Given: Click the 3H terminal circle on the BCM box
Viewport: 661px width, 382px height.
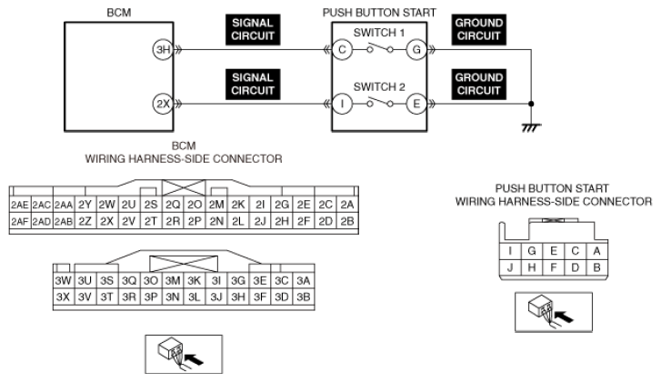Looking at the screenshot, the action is point(163,50).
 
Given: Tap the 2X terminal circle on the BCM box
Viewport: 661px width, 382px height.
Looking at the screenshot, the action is point(163,104).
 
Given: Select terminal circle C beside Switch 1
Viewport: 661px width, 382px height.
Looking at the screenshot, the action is point(342,50).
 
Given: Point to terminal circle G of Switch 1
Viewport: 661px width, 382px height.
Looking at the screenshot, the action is point(416,50).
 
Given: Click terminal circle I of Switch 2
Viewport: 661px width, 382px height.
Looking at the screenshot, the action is point(342,104).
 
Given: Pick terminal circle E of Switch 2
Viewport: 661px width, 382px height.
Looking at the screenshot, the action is point(416,104).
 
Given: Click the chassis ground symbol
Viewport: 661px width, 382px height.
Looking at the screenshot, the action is point(531,127).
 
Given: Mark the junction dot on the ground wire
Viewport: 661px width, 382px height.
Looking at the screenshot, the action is point(531,104).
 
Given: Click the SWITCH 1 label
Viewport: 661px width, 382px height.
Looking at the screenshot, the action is point(379,33).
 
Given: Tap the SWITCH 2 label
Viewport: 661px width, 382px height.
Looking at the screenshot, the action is point(379,86).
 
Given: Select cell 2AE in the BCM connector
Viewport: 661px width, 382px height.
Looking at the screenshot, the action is point(20,205).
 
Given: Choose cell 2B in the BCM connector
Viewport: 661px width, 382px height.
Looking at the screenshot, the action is point(347,221).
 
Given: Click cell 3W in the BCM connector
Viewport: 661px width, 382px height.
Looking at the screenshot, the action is point(64,280).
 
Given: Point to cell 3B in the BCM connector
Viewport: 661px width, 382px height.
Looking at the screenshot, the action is point(304,297).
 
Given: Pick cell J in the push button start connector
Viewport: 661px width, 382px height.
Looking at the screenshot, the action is point(510,267).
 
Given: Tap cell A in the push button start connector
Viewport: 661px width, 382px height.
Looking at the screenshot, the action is point(596,251).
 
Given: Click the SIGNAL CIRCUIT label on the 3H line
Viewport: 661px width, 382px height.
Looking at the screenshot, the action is point(253,29).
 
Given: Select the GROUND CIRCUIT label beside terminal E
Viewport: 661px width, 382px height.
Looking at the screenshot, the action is point(479,85).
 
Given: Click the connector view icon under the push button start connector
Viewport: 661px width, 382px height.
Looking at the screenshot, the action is point(554,312).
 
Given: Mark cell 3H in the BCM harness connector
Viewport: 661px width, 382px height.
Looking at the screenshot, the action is point(238,297).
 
